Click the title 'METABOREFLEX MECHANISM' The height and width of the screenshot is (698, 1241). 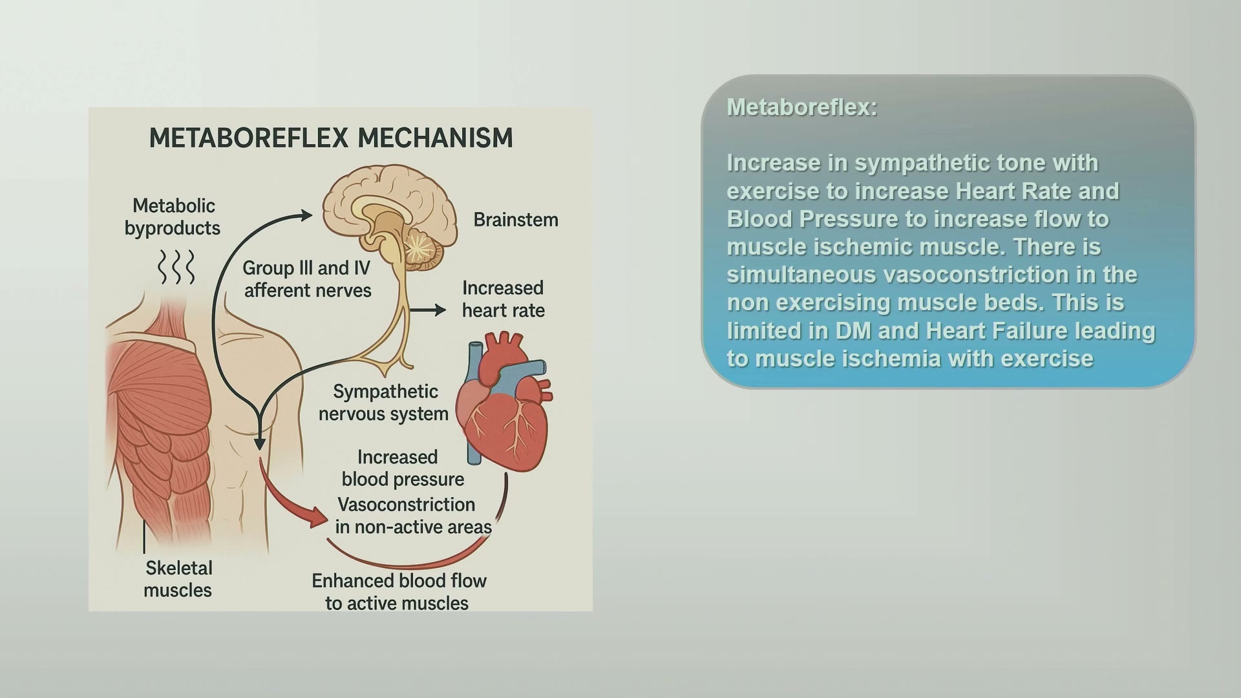331,138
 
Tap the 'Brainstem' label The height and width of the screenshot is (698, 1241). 516,220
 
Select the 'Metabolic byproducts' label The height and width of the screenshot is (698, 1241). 173,217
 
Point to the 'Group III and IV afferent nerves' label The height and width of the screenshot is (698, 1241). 307,279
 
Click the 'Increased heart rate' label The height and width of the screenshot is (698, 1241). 503,299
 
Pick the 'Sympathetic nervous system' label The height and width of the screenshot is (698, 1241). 383,403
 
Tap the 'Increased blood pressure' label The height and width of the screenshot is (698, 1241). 403,468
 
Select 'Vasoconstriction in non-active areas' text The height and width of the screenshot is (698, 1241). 413,516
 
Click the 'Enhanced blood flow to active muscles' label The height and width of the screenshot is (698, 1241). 398,592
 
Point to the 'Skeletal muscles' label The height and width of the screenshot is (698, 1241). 178,579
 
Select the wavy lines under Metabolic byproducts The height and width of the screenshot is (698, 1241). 176,267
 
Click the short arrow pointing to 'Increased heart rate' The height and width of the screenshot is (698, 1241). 428,310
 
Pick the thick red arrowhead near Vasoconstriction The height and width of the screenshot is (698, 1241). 319,516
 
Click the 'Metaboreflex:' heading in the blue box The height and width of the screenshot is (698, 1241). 801,107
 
